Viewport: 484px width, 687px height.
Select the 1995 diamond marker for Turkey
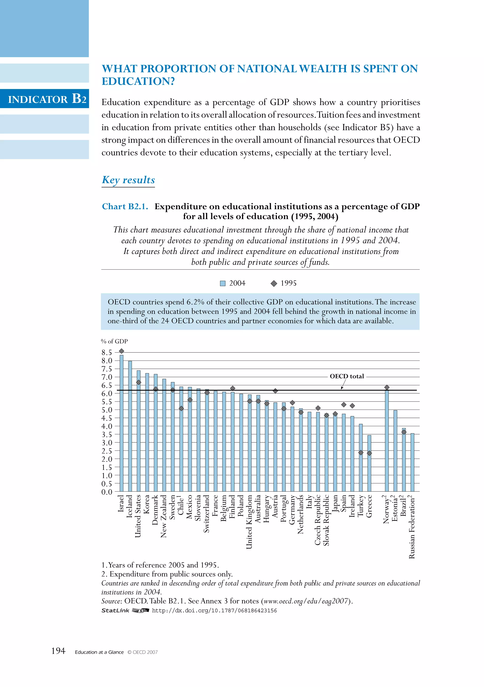tap(361, 453)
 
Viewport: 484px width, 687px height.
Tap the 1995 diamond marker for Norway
tap(387, 387)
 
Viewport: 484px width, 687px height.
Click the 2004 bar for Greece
tap(369, 464)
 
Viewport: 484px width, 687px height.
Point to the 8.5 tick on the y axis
tap(107, 352)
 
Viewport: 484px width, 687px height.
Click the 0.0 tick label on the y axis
tap(107, 492)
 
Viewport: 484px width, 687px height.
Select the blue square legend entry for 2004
tap(223, 283)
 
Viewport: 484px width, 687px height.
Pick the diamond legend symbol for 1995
tap(274, 283)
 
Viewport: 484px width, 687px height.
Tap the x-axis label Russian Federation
tap(412, 527)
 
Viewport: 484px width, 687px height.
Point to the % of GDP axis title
tap(114, 341)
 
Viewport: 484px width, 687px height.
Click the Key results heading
tap(128, 180)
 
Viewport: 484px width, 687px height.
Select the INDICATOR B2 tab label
tap(47, 99)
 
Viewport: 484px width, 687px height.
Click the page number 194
tap(58, 651)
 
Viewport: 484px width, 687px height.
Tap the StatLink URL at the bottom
tap(214, 611)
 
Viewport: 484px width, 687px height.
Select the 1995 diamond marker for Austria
tap(275, 391)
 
